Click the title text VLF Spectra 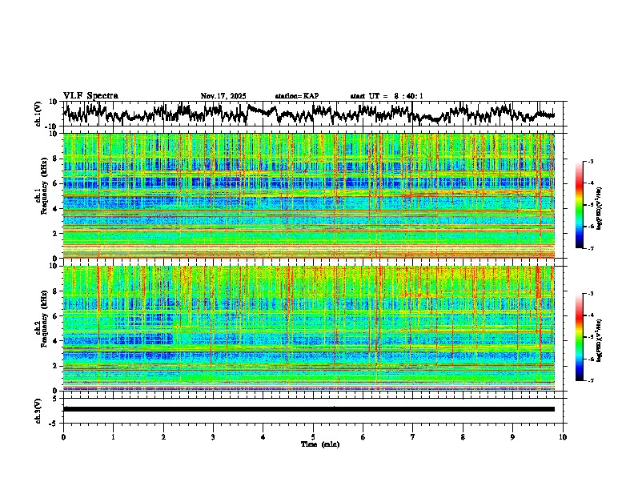point(90,96)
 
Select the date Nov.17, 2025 point(223,96)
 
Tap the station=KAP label point(297,96)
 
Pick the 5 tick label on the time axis point(313,436)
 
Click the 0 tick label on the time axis point(63,436)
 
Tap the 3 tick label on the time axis point(213,436)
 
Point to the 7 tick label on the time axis point(413,436)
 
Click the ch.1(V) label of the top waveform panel point(38,114)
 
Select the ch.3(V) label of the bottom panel point(38,409)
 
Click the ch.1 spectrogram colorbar point(580,204)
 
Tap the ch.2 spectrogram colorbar point(580,337)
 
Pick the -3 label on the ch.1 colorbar point(590,162)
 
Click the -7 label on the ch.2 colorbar point(590,381)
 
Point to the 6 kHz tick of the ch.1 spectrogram point(57,183)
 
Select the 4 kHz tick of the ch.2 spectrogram point(57,341)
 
